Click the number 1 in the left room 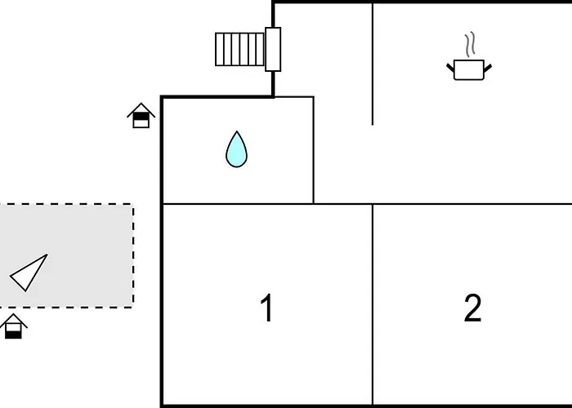[267, 308]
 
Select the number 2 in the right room [473, 308]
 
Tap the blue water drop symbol [236, 149]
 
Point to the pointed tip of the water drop [237, 131]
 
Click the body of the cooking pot [469, 70]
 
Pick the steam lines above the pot [470, 44]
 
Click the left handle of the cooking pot [450, 68]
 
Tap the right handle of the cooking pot [488, 68]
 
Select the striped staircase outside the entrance [239, 50]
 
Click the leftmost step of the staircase [219, 50]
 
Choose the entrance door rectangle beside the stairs [273, 49]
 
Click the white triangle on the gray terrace [29, 273]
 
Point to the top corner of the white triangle [47, 255]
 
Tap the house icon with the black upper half [141, 116]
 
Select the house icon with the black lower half [14, 326]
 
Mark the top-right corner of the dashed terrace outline [133, 204]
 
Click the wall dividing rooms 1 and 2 [373, 304]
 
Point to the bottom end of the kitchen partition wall [373, 125]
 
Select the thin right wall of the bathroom [313, 150]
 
